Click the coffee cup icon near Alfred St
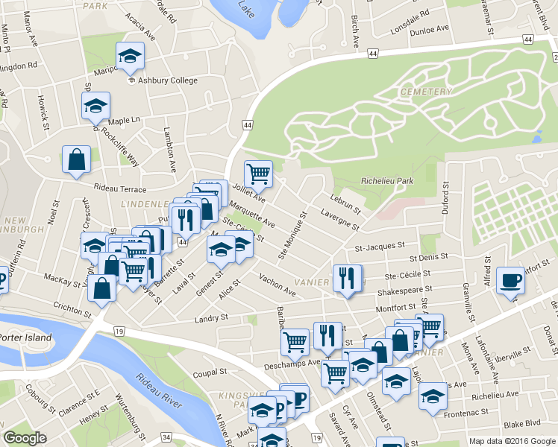click(510, 280)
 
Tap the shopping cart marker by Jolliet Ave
click(258, 174)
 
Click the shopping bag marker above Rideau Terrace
click(76, 159)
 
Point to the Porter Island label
click(26, 337)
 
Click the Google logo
click(25, 438)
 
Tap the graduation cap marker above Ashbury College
click(130, 56)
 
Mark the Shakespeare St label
click(405, 291)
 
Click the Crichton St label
click(72, 308)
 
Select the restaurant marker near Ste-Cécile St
click(347, 279)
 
